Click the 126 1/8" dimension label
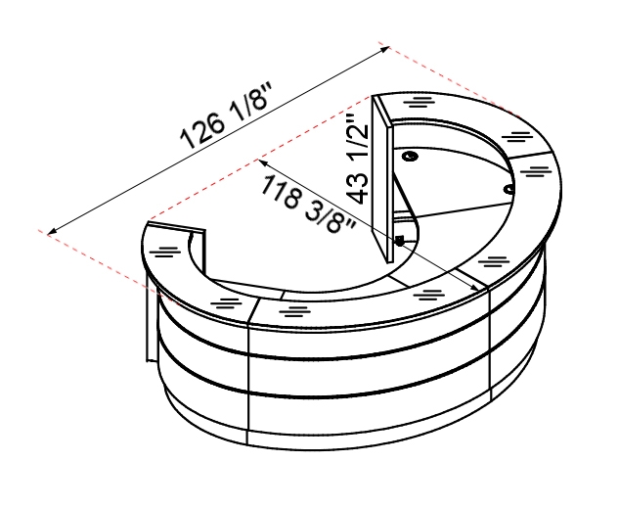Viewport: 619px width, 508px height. pyautogui.click(x=226, y=115)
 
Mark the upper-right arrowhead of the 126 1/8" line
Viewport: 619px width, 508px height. pyautogui.click(x=385, y=49)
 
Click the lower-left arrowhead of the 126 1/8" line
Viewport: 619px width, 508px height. pyautogui.click(x=52, y=232)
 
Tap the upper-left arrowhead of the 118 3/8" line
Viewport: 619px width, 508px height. pyautogui.click(x=263, y=162)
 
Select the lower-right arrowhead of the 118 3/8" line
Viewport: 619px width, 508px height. pyautogui.click(x=473, y=287)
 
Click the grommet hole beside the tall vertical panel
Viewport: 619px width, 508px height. pyautogui.click(x=411, y=156)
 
